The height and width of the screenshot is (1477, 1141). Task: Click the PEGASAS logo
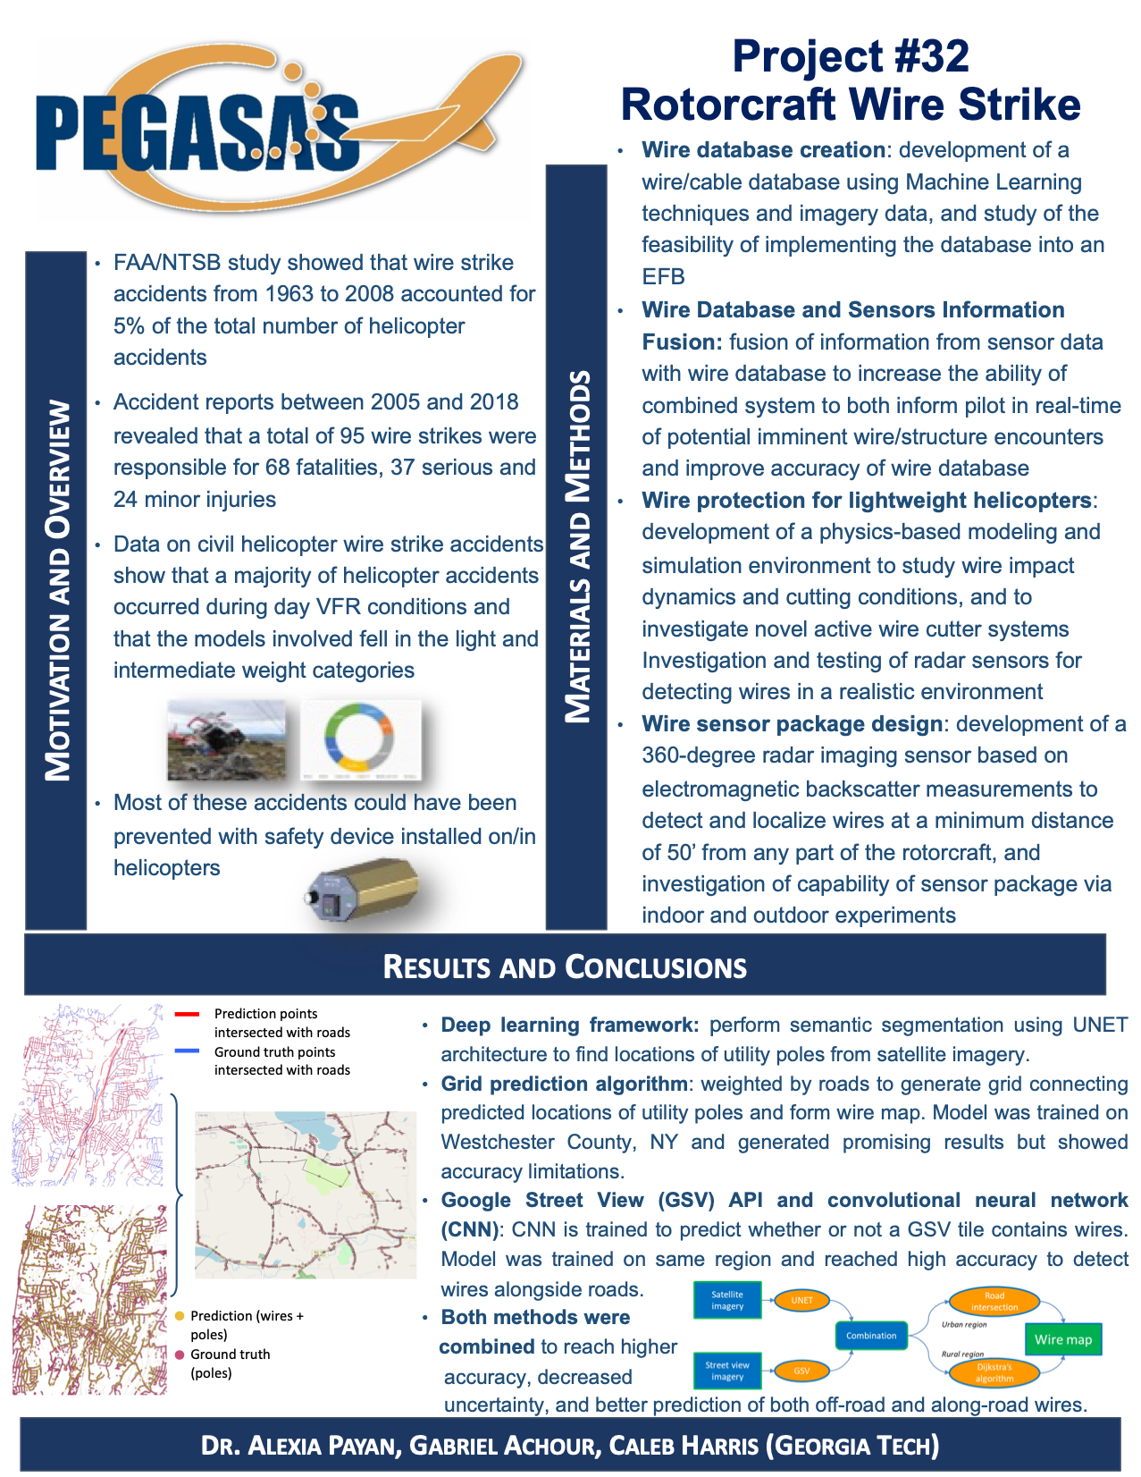[x=268, y=130]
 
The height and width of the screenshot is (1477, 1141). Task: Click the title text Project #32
[x=850, y=56]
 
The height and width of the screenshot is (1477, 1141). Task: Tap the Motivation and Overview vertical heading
[x=57, y=590]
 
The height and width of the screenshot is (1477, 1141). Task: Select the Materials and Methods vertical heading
[x=577, y=546]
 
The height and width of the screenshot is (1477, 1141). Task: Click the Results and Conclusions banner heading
[x=565, y=966]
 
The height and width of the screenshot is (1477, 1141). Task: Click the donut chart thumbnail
[x=359, y=738]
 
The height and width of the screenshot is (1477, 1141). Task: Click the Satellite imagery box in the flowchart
[x=727, y=1300]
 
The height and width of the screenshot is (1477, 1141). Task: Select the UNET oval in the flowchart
[x=801, y=1300]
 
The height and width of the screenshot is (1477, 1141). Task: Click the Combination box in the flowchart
[x=871, y=1336]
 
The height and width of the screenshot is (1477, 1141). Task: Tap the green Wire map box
[x=1063, y=1339]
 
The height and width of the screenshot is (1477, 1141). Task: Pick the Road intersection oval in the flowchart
[x=994, y=1302]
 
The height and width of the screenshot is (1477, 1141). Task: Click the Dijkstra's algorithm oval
[x=994, y=1372]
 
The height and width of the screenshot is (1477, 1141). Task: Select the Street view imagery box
[x=727, y=1371]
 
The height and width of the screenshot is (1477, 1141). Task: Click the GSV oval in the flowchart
[x=801, y=1371]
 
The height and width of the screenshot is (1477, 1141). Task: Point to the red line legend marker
[x=187, y=1014]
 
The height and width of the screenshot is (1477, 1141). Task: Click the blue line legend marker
[x=187, y=1051]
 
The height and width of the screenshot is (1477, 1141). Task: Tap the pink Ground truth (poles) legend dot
[x=180, y=1355]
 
